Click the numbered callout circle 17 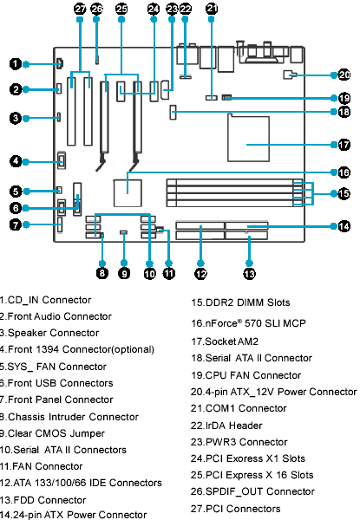[x=344, y=145]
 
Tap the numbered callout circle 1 [x=16, y=63]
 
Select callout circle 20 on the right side [x=344, y=75]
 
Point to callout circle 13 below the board [x=249, y=274]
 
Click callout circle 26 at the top [x=96, y=9]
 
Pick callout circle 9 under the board [x=124, y=274]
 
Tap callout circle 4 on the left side [x=16, y=161]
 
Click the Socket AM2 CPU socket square [x=248, y=138]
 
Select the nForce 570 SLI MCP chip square [x=128, y=193]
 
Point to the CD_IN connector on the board [x=60, y=63]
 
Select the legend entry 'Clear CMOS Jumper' [x=56, y=433]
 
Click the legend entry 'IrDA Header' [x=234, y=426]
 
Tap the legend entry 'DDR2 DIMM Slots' [x=248, y=302]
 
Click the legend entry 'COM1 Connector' [x=245, y=408]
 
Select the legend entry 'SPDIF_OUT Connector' [x=260, y=491]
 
